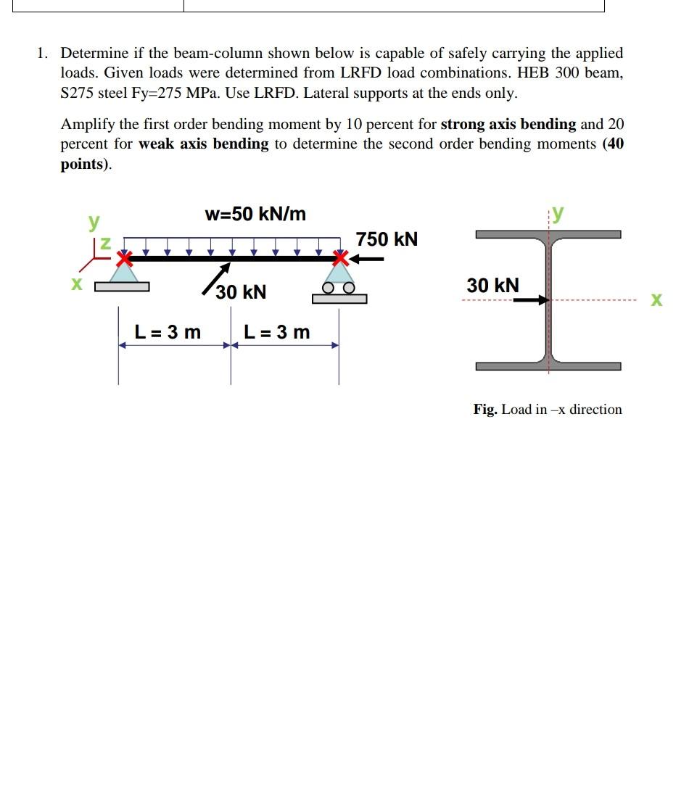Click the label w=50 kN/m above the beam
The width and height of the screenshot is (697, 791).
click(x=255, y=214)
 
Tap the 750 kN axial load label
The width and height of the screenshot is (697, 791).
click(x=387, y=239)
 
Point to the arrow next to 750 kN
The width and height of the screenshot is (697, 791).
click(x=371, y=257)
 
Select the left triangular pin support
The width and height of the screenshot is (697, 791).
click(x=124, y=273)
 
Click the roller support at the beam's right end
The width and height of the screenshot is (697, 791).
click(x=339, y=283)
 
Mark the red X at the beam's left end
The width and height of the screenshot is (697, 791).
click(x=125, y=257)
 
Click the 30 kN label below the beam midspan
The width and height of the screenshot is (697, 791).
click(x=242, y=292)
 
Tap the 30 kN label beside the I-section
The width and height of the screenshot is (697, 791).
click(x=492, y=286)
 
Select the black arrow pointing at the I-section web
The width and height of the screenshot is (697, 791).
click(x=532, y=299)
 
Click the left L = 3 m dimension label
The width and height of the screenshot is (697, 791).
click(x=168, y=332)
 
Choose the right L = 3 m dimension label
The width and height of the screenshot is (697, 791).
click(x=276, y=332)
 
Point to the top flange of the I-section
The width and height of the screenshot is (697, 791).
click(x=548, y=234)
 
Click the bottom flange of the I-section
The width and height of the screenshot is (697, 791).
click(x=548, y=365)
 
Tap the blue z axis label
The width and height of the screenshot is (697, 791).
click(x=105, y=244)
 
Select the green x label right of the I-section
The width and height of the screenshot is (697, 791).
click(x=656, y=300)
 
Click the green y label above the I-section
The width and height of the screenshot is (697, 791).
click(x=557, y=213)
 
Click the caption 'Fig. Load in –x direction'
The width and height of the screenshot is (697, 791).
click(x=548, y=410)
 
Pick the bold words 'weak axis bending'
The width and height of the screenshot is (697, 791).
click(x=203, y=144)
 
